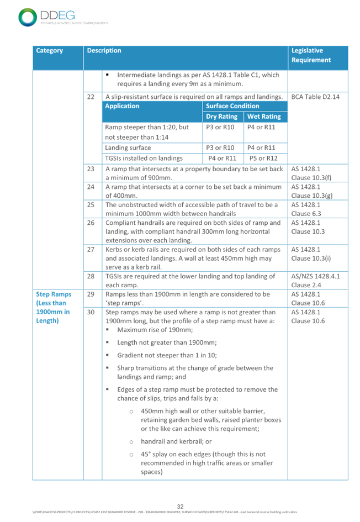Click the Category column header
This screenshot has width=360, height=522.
point(50,51)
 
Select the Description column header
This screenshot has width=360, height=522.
point(104,51)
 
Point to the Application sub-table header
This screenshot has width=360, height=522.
point(122,106)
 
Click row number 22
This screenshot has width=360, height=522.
point(92,97)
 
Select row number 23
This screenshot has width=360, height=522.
point(92,168)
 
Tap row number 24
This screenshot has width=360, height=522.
point(92,187)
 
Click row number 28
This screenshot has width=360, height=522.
point(92,276)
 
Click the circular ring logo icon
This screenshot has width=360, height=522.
point(27,17)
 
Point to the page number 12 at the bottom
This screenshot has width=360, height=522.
point(179,505)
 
